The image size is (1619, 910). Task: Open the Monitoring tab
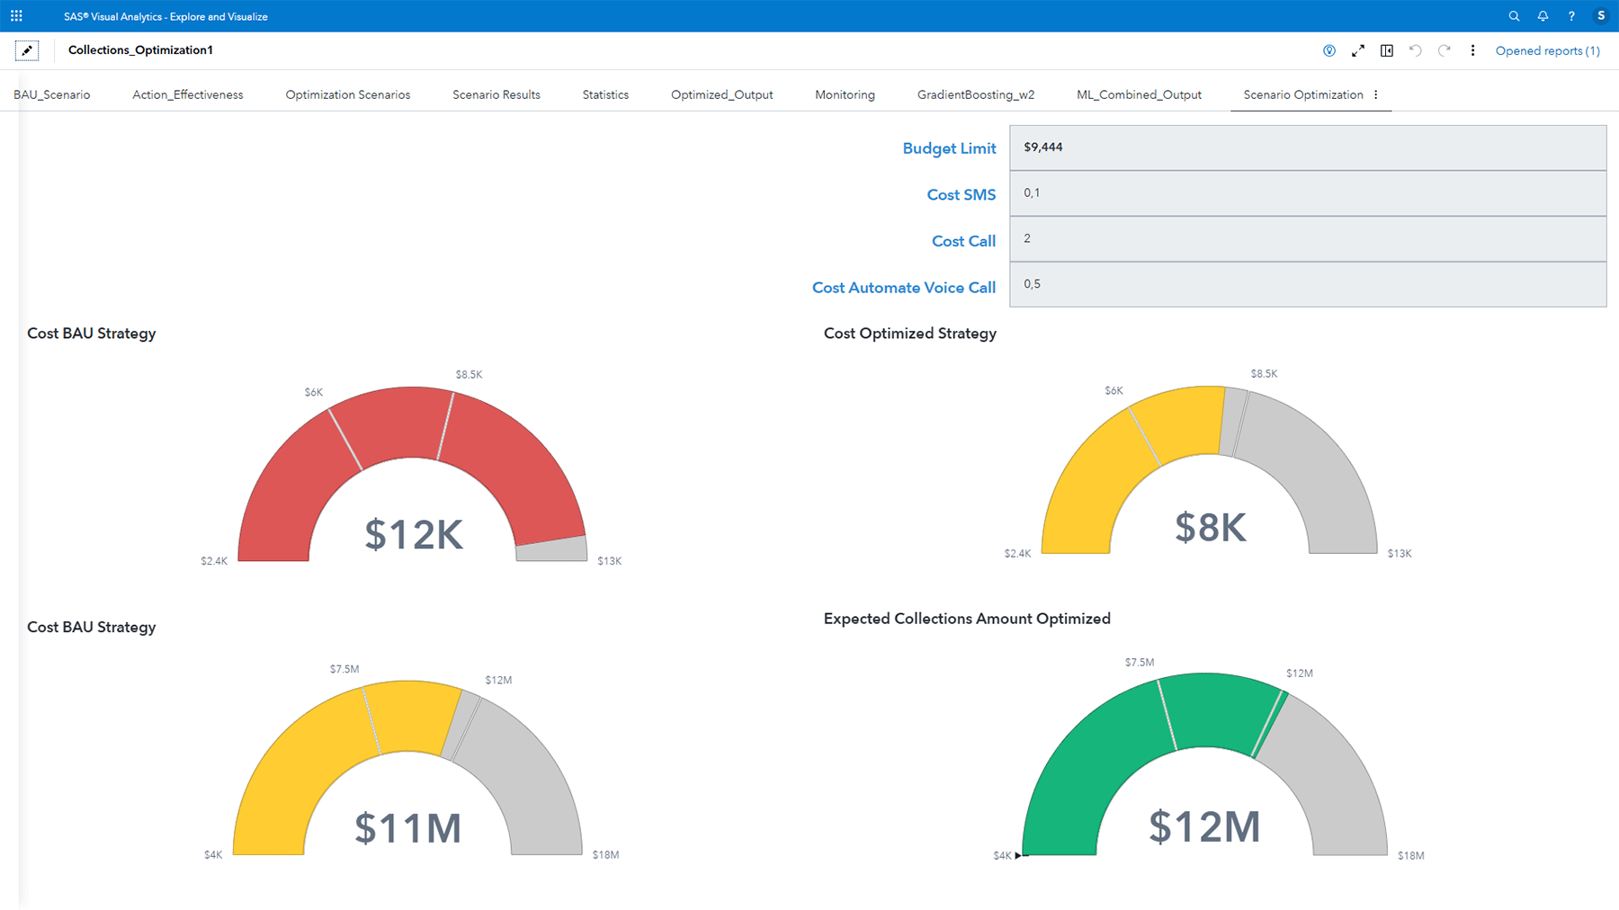[845, 94]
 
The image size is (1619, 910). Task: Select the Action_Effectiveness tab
[187, 94]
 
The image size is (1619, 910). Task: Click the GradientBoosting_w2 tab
[975, 94]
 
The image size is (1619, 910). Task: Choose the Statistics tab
[605, 94]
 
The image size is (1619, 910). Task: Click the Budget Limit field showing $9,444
[1307, 147]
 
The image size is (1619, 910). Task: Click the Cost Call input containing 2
[1307, 239]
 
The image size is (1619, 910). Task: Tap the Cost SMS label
[961, 195]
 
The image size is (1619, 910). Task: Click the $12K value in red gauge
[414, 535]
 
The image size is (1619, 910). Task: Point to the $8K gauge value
[1211, 528]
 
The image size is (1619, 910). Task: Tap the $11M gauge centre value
[407, 828]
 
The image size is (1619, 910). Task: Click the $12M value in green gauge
[1204, 826]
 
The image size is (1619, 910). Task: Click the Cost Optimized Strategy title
[909, 334]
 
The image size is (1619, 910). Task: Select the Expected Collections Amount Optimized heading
[967, 619]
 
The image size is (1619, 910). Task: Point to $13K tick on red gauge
[609, 561]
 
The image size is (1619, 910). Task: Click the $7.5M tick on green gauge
[1139, 663]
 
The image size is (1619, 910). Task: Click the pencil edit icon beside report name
[27, 50]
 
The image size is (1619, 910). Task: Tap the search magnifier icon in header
[1514, 16]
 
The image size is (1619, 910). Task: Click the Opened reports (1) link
[1547, 51]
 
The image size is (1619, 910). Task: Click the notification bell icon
[1543, 16]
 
